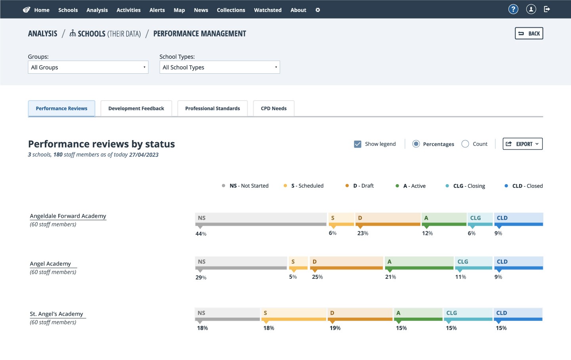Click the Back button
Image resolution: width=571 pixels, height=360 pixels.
tap(529, 33)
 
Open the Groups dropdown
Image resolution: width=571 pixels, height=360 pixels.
tap(88, 67)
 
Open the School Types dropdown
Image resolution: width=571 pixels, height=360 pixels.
tap(220, 67)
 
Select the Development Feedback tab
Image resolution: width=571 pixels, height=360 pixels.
tap(136, 109)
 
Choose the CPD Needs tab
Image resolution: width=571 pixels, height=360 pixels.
tap(273, 109)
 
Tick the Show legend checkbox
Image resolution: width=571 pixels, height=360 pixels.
tap(358, 144)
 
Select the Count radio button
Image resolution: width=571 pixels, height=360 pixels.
tap(465, 144)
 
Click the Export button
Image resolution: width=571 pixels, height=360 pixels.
tap(523, 144)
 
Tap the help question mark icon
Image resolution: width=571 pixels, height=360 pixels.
tap(513, 10)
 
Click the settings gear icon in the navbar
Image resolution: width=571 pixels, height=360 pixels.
tap(318, 10)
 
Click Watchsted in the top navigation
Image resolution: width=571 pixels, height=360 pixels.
tap(267, 10)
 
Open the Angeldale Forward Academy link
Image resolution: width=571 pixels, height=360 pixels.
tap(68, 216)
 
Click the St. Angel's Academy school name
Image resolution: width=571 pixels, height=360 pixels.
tap(56, 314)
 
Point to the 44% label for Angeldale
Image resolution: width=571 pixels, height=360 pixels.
tap(201, 234)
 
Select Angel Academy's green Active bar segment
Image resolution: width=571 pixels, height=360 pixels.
tap(419, 263)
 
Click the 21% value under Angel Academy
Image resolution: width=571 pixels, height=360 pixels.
tap(391, 277)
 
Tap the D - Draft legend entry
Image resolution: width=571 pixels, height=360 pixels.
tap(359, 186)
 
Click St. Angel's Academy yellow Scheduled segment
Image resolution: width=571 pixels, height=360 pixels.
tap(294, 314)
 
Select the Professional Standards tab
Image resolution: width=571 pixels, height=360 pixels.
tap(212, 109)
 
